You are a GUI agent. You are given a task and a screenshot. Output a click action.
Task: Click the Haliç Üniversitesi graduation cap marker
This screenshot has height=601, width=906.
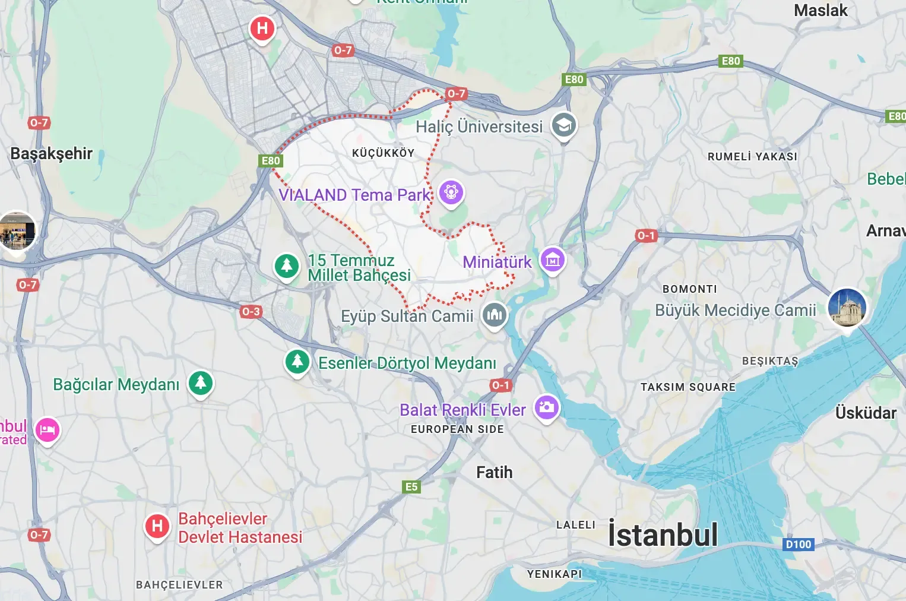[563, 126]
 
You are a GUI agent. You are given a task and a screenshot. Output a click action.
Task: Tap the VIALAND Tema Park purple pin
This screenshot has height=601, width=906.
[451, 193]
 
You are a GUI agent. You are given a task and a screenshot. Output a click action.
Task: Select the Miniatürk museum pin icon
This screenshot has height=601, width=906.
[553, 260]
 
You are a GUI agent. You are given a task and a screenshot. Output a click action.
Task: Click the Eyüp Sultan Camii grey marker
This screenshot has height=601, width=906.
[494, 315]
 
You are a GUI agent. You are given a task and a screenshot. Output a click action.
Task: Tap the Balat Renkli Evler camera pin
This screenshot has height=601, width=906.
[547, 407]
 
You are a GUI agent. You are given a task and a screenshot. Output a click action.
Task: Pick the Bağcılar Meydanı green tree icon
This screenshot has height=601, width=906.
[201, 383]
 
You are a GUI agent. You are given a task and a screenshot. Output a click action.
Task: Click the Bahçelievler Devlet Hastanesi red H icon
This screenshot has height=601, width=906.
[157, 526]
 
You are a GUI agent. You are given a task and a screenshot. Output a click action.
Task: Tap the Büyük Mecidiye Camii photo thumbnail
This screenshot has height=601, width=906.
[847, 308]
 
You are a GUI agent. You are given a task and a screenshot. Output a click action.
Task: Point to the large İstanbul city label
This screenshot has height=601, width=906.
[663, 534]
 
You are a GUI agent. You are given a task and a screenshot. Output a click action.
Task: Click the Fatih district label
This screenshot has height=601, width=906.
[494, 473]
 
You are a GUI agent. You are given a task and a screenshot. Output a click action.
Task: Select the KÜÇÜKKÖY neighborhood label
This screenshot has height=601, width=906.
[383, 153]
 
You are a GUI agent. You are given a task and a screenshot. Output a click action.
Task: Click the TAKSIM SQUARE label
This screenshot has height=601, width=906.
[688, 387]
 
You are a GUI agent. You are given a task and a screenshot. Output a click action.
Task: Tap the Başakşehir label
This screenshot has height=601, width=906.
[52, 154]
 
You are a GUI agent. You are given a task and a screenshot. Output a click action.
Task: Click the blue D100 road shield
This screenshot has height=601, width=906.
[798, 545]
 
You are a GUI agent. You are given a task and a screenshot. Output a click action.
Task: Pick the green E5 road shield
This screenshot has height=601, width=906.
[411, 487]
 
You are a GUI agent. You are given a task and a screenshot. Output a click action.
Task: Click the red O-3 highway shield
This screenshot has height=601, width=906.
[251, 311]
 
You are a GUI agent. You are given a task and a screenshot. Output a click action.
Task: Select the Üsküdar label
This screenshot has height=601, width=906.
[866, 413]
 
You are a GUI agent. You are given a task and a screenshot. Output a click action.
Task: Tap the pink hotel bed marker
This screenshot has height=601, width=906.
[47, 429]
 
